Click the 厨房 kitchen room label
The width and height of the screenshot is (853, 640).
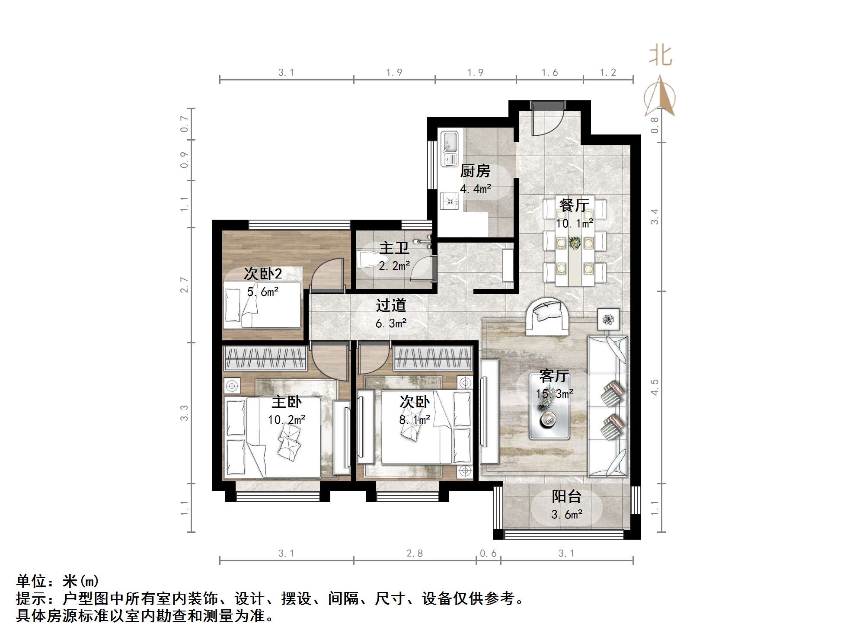(475, 171)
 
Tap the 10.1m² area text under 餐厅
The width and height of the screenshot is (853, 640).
(574, 224)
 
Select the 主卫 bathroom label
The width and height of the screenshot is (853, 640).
(394, 248)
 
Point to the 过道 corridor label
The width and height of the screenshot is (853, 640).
(391, 305)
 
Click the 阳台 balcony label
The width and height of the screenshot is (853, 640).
(566, 496)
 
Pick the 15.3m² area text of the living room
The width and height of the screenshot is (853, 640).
(555, 394)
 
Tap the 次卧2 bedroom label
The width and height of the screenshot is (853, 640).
(263, 273)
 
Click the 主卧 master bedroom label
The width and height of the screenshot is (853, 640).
(286, 402)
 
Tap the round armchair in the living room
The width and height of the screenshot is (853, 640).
(547, 317)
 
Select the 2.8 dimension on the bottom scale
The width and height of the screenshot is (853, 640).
(414, 554)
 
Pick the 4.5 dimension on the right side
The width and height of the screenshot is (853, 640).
(655, 387)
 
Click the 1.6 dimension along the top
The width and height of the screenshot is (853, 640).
(549, 73)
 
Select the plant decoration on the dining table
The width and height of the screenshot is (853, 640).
(575, 243)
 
